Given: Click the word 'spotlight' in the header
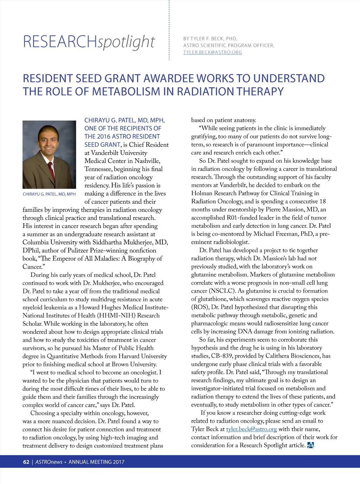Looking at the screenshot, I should coord(126,42).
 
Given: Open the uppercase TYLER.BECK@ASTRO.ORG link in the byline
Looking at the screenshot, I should coord(212,52).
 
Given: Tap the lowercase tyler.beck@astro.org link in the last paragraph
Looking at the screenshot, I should coord(251,429).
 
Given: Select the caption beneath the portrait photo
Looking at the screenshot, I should coord(49,194).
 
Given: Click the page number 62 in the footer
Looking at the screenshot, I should coord(26,462).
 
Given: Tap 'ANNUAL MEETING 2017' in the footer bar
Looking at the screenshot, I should coord(96,462).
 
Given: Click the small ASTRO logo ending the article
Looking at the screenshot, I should coord(310,445).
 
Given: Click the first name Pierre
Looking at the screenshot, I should coord(275,210).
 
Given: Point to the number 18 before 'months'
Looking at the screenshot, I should coord(322,202).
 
